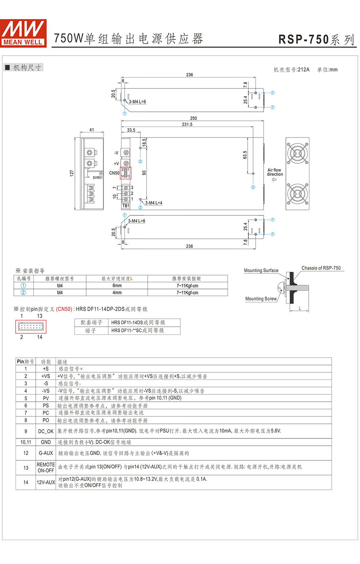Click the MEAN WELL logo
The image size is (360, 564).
(x=24, y=33)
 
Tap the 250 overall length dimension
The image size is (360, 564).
(x=193, y=118)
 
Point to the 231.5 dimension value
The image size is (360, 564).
(x=187, y=124)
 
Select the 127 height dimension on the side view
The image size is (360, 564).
(x=72, y=173)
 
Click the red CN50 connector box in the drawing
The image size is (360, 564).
(x=125, y=173)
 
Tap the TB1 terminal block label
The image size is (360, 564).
(x=126, y=206)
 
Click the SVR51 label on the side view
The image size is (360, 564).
(x=97, y=178)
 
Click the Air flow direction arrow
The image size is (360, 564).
(x=274, y=179)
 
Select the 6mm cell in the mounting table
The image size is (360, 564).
(x=117, y=286)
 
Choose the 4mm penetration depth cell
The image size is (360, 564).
(x=117, y=293)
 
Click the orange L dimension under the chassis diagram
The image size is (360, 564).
(x=300, y=308)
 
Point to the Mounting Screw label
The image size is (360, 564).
(x=261, y=299)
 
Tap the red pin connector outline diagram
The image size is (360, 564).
(x=31, y=327)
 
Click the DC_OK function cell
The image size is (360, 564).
(x=46, y=431)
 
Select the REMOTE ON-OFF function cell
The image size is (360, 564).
(x=46, y=468)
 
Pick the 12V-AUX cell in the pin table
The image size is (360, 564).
(x=46, y=482)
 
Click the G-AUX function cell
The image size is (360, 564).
(x=46, y=453)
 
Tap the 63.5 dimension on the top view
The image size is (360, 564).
(x=245, y=155)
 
